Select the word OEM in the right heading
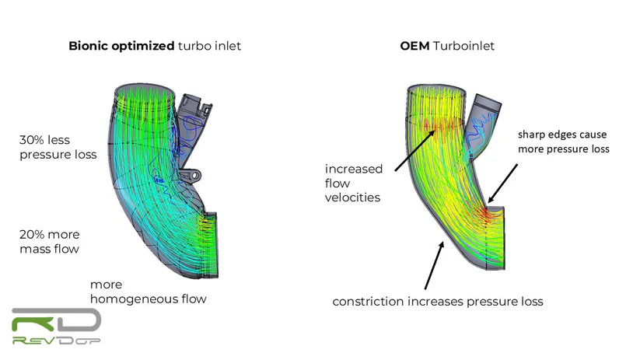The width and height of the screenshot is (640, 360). [x=414, y=46]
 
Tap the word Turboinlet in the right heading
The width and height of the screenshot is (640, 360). [x=463, y=46]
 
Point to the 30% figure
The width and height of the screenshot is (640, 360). [x=31, y=140]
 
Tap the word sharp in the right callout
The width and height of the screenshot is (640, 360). [x=532, y=135]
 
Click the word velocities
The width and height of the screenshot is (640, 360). [x=352, y=197]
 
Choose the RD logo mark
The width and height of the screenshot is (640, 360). [x=56, y=320]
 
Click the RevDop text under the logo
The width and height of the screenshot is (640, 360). [x=56, y=340]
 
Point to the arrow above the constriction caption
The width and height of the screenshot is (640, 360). [x=434, y=265]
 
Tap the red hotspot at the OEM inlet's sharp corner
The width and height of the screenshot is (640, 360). [x=486, y=212]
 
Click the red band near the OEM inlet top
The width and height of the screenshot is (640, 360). [x=442, y=125]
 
